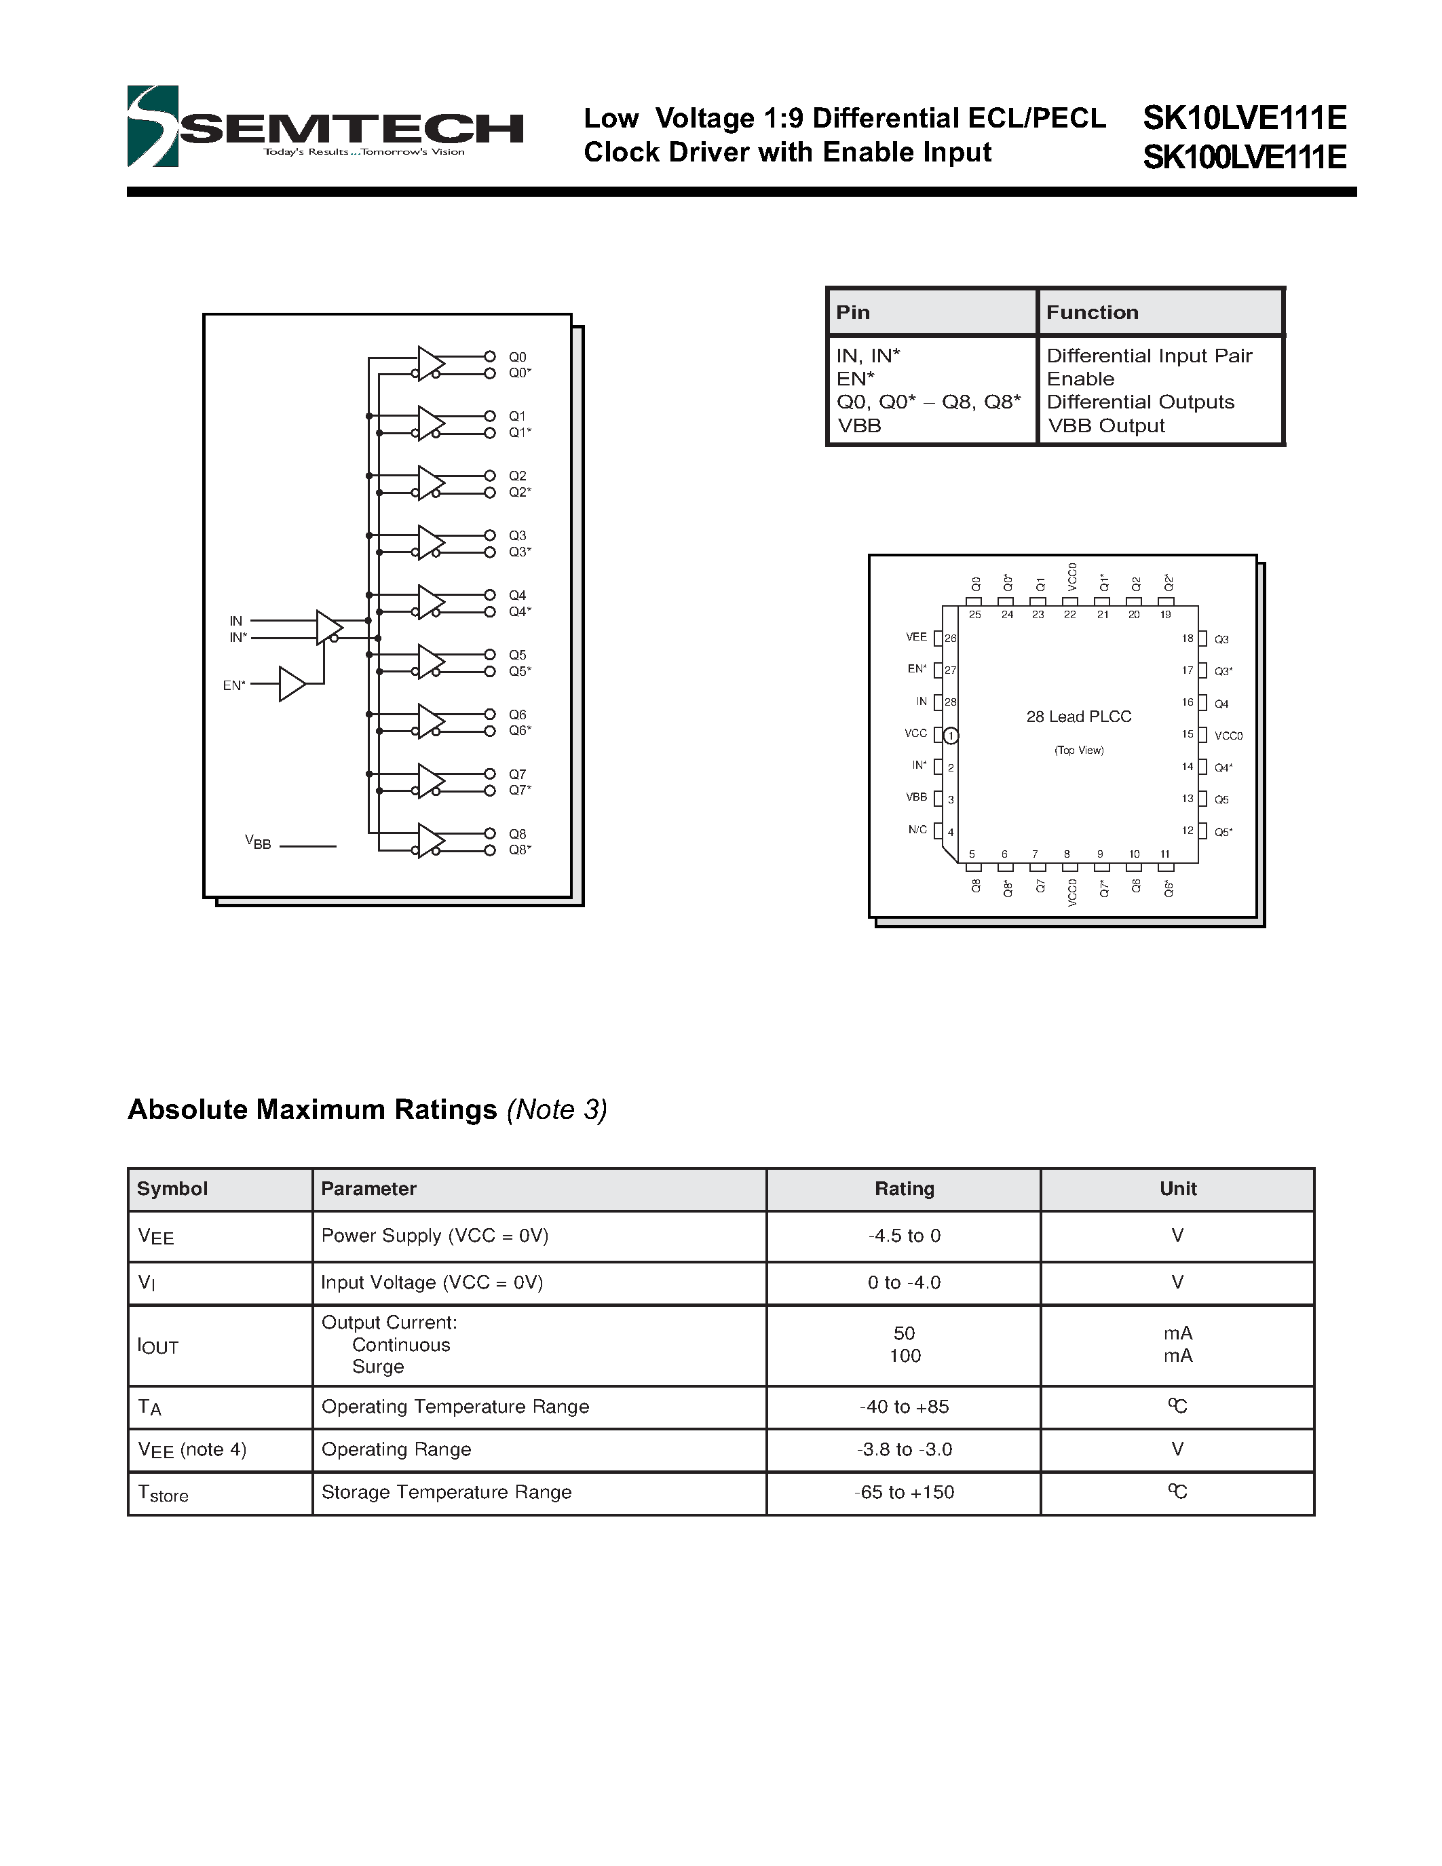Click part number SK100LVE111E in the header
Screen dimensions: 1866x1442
click(x=1244, y=157)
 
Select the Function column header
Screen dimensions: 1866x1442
click(x=1092, y=313)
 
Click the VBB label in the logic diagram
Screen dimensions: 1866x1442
click(x=258, y=843)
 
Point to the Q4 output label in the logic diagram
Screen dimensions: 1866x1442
click(x=517, y=594)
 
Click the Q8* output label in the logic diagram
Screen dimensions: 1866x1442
click(x=519, y=850)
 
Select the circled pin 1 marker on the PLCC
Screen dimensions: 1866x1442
click(x=951, y=736)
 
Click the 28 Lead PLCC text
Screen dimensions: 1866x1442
click(x=1078, y=717)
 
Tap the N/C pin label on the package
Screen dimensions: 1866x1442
click(x=917, y=830)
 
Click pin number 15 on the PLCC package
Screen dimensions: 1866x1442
click(x=1187, y=735)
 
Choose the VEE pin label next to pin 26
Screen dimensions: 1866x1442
click(x=916, y=637)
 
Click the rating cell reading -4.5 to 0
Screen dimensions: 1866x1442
click(x=904, y=1236)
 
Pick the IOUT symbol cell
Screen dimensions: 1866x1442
click(x=158, y=1346)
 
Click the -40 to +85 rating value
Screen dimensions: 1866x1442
click(x=904, y=1407)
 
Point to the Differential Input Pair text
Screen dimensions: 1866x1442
click(x=1149, y=356)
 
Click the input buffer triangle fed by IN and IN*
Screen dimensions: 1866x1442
click(x=328, y=628)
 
